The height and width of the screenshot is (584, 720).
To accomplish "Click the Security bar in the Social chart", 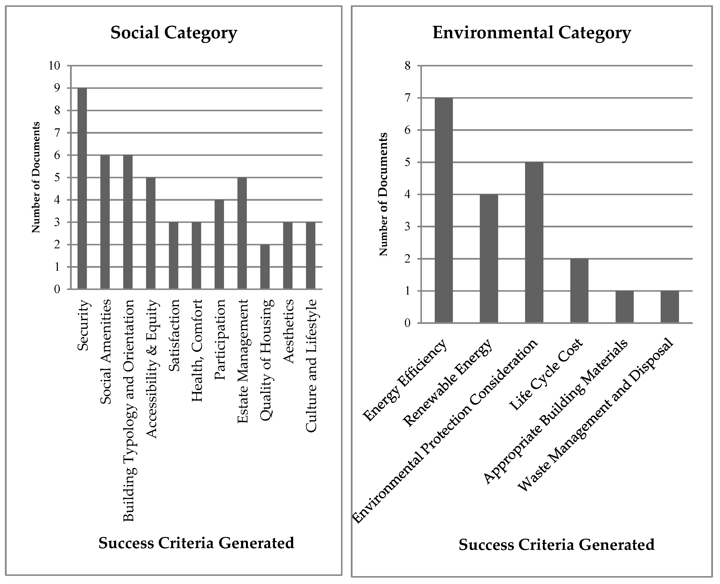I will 82,188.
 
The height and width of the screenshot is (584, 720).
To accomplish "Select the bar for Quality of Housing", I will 265,267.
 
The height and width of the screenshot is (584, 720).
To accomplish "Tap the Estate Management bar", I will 242,233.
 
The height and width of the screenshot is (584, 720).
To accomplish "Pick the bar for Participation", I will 219,244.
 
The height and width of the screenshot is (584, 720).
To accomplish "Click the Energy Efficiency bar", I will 443,210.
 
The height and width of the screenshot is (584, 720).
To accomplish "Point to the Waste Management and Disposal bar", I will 670,307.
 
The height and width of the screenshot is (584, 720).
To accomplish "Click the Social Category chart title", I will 174,33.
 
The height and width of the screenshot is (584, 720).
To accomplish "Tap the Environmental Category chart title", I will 532,33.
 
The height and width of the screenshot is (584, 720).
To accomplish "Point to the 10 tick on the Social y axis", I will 54,66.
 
